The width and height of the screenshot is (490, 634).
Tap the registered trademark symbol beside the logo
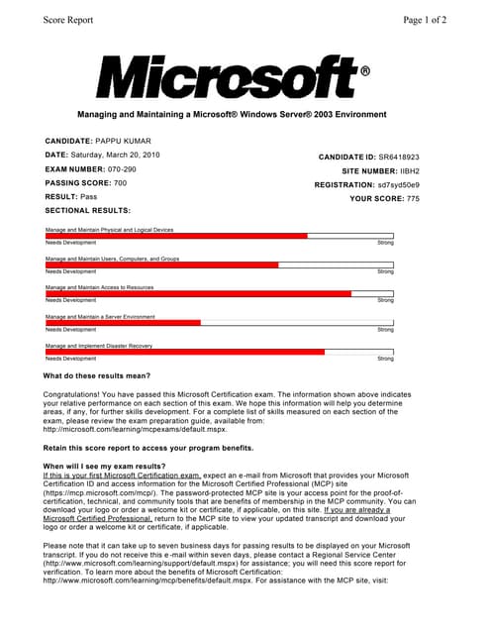point(365,72)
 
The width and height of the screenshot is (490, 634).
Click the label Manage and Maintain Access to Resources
point(99,287)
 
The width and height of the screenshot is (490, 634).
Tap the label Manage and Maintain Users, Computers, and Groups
point(112,259)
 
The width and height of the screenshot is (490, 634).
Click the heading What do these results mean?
point(97,375)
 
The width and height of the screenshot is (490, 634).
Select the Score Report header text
point(67,19)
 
